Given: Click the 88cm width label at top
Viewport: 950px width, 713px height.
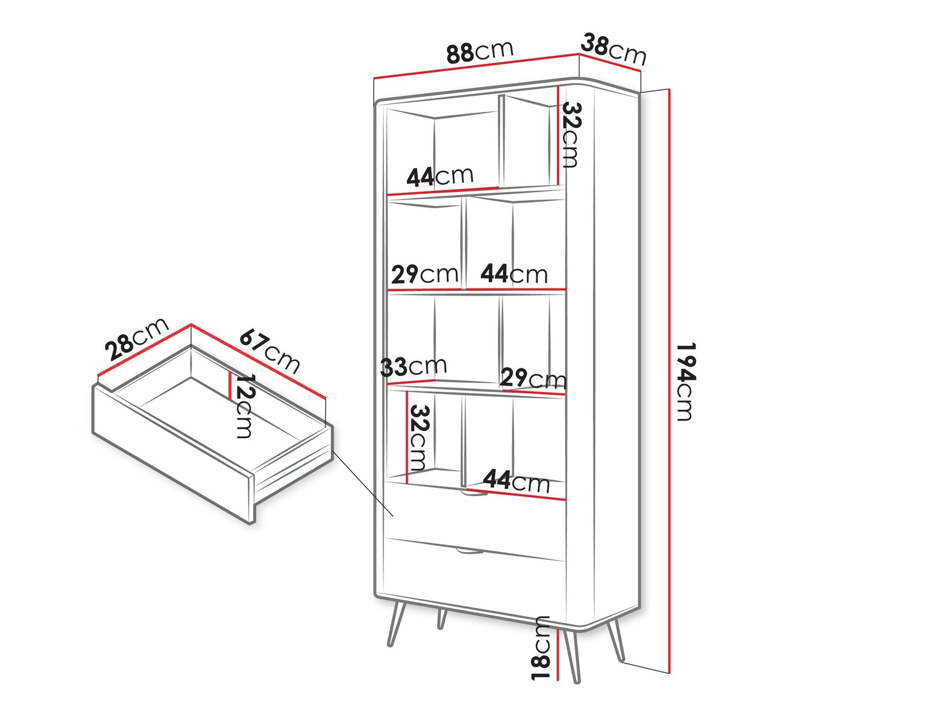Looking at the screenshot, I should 479,52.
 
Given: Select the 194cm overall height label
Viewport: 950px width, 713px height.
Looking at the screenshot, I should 686,381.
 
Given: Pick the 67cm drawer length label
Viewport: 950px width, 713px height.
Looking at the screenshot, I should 270,351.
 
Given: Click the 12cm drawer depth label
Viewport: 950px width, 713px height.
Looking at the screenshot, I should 243,406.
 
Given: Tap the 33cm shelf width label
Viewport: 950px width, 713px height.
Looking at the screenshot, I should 413,366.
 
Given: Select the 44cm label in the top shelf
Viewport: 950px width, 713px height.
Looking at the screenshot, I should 439,176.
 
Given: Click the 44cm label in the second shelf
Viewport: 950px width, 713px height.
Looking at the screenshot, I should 514,274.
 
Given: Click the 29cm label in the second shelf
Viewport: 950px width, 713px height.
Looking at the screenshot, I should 424,274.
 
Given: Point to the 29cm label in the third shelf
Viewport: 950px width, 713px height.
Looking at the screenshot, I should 532,379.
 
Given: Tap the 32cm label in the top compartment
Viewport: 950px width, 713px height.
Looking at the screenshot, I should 570,135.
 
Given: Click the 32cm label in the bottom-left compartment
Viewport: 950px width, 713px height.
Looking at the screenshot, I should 418,438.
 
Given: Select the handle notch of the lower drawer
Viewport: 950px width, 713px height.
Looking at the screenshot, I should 469,551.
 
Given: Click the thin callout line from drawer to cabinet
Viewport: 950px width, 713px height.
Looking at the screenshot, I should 363,485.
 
